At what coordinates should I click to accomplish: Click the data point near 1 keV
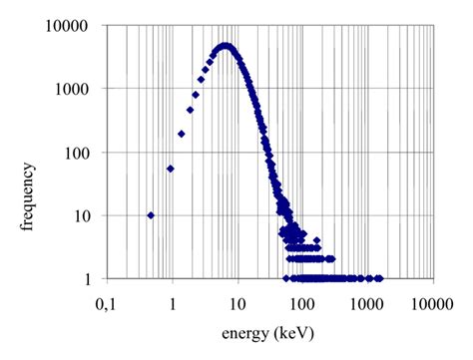coord(171,169)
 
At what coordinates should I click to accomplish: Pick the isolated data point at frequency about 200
coord(182,134)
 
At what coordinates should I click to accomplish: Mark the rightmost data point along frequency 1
coord(380,278)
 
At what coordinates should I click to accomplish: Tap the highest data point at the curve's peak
coord(226,46)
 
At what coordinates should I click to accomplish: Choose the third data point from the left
coord(182,134)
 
